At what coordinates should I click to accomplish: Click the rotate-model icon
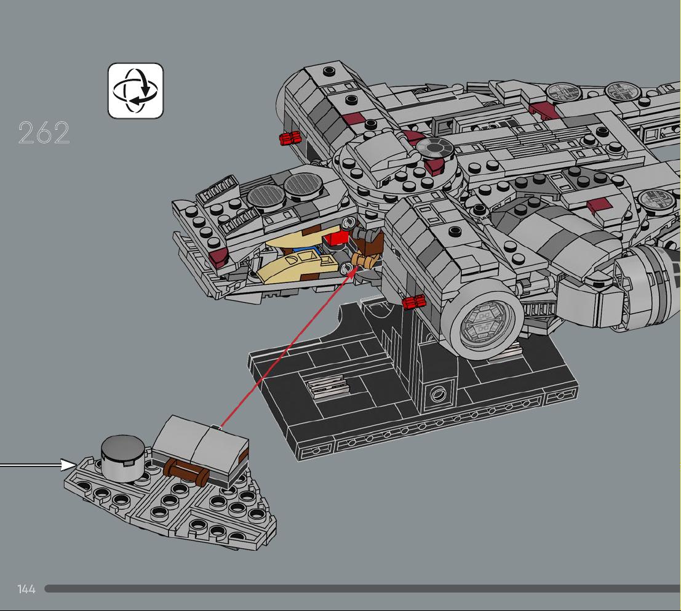(135, 91)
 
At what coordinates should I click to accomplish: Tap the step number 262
(44, 133)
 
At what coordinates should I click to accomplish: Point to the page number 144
(26, 589)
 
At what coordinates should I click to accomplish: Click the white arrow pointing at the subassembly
(38, 465)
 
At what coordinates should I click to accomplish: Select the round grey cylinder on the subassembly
(122, 458)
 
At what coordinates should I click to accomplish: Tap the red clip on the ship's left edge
(290, 138)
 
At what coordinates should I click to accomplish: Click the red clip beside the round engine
(414, 302)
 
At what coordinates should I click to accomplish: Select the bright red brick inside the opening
(337, 239)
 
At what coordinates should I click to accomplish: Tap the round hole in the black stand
(437, 394)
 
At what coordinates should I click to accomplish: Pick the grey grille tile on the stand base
(327, 386)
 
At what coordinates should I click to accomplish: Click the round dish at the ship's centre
(435, 148)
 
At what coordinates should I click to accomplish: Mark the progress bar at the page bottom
(363, 588)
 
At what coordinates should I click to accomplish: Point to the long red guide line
(288, 349)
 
